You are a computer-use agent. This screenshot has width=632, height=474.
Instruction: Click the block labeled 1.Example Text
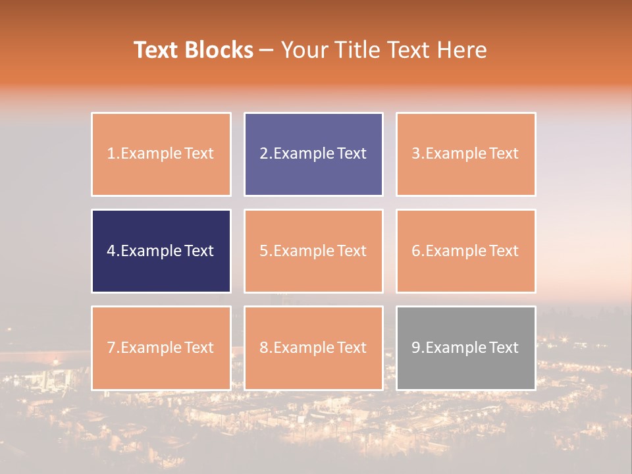coord(161,154)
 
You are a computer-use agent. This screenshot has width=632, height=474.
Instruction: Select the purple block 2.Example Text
coord(313,154)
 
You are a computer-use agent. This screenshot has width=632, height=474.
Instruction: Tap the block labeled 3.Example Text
coord(465,154)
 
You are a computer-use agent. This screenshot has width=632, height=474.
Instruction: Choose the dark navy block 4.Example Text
coord(161,251)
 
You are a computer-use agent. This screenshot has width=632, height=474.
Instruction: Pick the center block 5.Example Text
coord(313,251)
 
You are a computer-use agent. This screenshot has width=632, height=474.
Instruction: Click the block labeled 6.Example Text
coord(465,251)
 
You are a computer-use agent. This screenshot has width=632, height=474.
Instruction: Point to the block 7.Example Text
coord(161,348)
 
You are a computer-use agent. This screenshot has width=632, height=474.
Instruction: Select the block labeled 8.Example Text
coord(313,348)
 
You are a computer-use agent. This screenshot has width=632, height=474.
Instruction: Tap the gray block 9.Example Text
coord(465,348)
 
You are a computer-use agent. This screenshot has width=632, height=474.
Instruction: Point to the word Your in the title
coord(303,50)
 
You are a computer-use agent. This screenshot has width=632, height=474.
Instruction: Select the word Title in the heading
coord(357,50)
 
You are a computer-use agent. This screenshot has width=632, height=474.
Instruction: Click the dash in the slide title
coord(267,51)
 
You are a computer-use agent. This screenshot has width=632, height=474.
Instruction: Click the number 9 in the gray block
coord(416,348)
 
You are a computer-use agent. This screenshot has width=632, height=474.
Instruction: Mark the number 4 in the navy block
coord(111,251)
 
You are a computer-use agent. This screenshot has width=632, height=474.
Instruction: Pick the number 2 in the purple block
coord(264,154)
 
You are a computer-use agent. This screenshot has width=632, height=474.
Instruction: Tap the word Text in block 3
coord(504,154)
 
